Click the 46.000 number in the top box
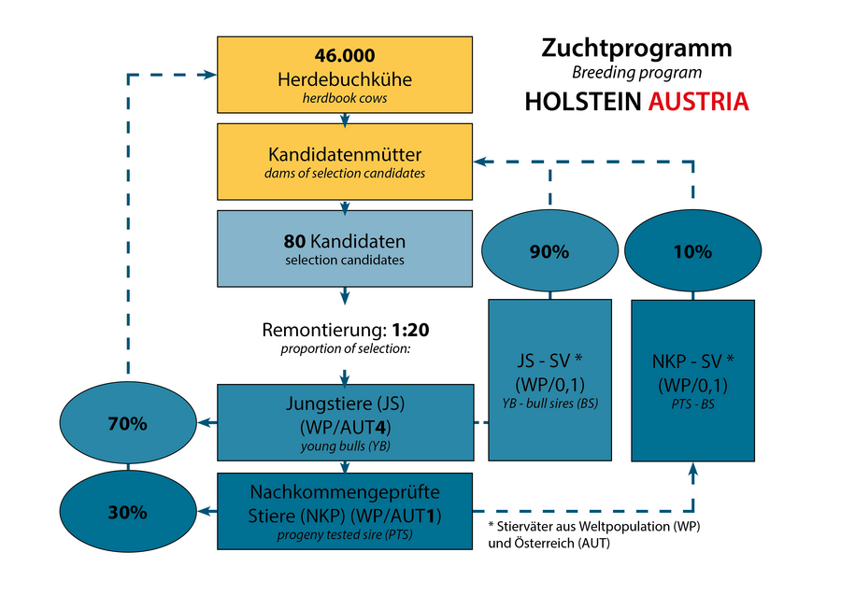coord(345,55)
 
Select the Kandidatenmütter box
coord(345,161)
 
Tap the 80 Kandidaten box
coord(345,248)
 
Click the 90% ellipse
coord(549,251)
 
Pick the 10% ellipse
coord(693,251)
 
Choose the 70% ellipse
coord(127,423)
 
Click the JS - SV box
coord(549,378)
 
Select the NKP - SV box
coord(693,378)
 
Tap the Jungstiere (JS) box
coord(345,422)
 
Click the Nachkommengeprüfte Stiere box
coord(345,511)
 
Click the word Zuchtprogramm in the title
coord(637,49)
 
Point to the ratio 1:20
coord(411,330)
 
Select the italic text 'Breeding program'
coord(637,72)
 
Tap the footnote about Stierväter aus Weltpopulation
coord(593,534)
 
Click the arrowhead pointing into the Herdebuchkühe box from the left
coord(210,75)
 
